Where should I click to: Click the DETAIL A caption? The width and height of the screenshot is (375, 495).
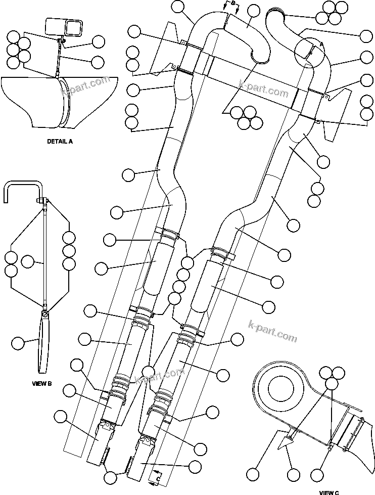click(60, 142)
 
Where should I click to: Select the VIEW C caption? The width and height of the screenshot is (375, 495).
click(329, 491)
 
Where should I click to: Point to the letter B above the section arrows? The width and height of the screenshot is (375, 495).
click(233, 3)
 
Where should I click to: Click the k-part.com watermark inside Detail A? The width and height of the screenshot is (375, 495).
click(84, 86)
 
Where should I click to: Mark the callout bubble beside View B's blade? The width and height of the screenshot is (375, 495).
click(18, 343)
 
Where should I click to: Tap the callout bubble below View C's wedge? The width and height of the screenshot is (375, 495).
click(292, 475)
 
